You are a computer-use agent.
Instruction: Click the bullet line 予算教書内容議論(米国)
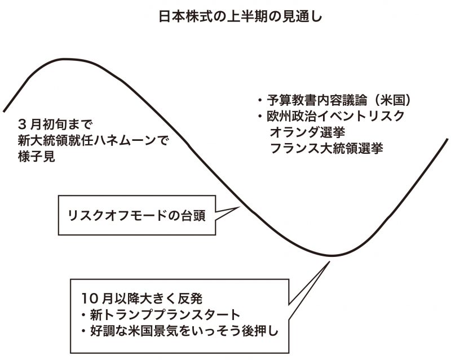(x=335, y=100)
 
